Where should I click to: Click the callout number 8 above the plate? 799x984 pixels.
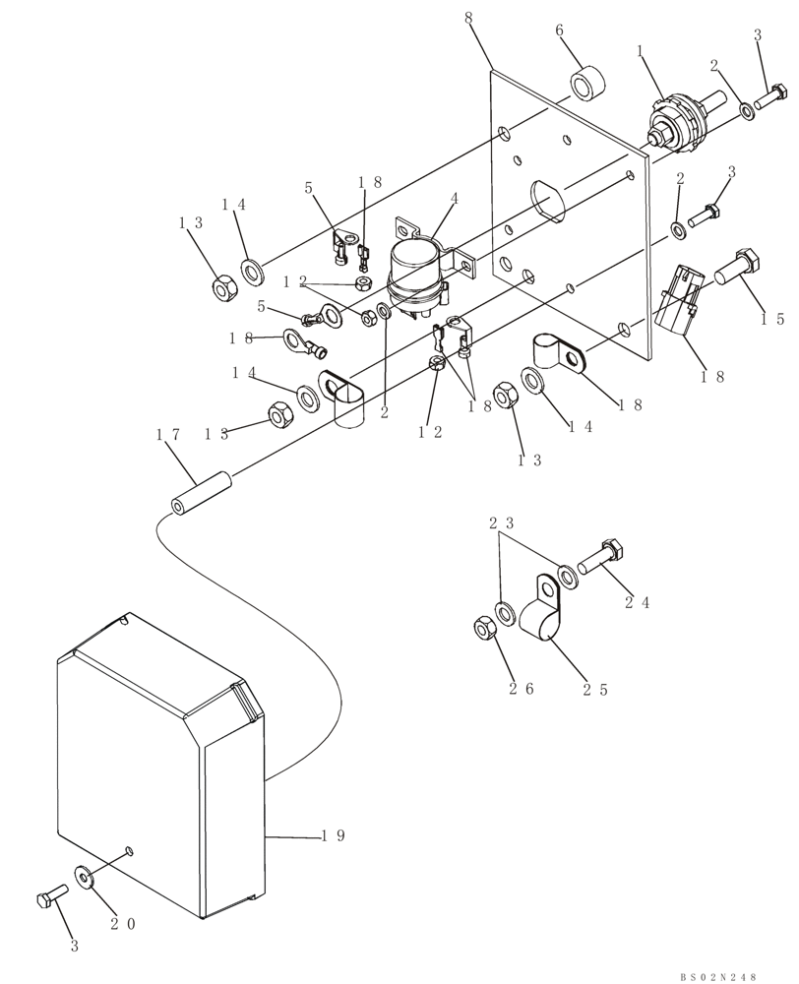point(467,18)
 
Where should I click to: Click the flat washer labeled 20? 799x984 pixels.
point(86,875)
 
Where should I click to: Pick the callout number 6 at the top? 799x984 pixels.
point(559,31)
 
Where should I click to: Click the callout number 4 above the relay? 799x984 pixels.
point(455,198)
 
